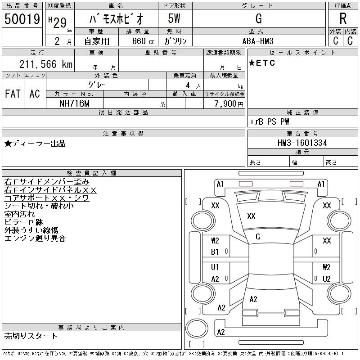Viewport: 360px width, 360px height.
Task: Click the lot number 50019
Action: [22, 19]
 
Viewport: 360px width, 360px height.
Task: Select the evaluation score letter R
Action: [343, 19]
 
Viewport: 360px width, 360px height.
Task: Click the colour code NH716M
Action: [75, 103]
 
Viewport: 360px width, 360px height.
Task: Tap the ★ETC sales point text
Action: [262, 63]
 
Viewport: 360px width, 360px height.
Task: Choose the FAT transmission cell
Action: [13, 94]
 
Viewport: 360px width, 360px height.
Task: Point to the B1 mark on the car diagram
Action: [215, 252]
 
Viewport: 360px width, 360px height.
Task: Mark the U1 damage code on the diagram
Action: [215, 267]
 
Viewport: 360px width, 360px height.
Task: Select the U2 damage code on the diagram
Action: [327, 279]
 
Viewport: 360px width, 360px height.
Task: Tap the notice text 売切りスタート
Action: [31, 336]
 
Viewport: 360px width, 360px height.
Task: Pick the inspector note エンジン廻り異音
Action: [35, 238]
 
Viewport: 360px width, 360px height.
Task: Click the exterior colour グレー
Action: [98, 84]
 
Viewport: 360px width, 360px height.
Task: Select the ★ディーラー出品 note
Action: [35, 144]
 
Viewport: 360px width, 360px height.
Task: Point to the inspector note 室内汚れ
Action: [19, 214]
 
